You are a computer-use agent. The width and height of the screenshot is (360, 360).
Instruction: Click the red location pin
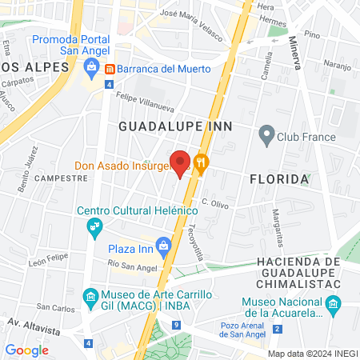181,164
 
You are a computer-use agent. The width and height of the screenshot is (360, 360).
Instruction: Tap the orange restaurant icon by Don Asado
201,164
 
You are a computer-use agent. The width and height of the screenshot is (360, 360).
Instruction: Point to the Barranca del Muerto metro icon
110,69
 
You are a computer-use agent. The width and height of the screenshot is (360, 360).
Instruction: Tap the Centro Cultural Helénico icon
94,227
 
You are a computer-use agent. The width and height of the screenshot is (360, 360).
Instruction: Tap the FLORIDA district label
279,178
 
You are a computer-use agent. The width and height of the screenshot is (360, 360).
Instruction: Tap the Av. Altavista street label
35,326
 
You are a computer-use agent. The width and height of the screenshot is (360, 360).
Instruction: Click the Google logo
26,350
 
